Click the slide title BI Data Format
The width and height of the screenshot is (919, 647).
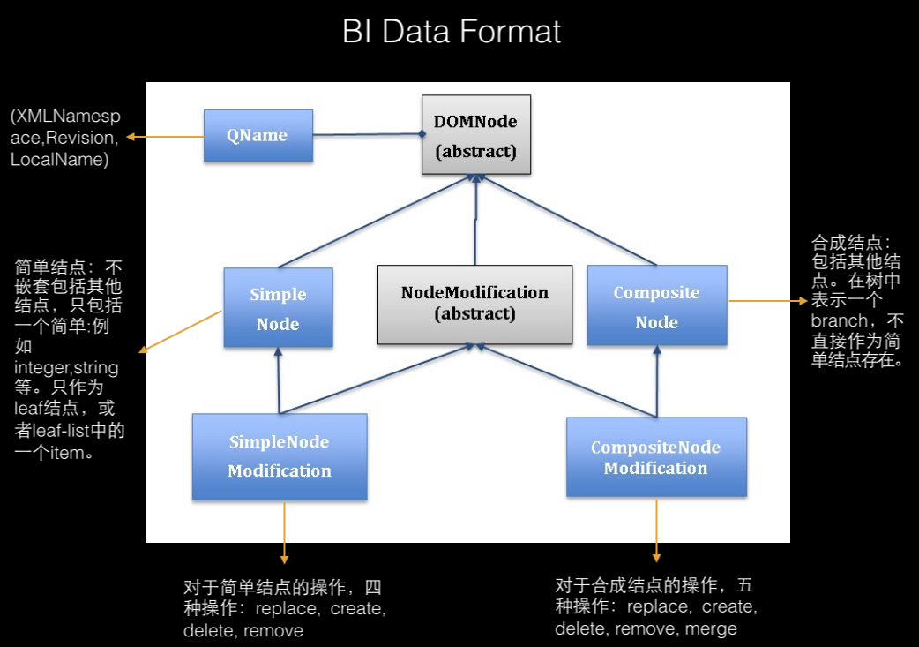[451, 33]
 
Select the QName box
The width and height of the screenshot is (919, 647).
[258, 135]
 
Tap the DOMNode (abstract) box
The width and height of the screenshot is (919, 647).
[475, 135]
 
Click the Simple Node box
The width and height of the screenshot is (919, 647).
[278, 308]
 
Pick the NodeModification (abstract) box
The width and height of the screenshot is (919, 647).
[474, 303]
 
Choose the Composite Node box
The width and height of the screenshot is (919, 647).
[656, 305]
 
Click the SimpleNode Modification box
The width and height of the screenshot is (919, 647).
[280, 456]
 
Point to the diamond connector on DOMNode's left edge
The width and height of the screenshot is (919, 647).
[422, 135]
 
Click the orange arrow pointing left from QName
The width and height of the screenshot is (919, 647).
[164, 136]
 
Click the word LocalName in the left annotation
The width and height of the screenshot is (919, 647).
[59, 160]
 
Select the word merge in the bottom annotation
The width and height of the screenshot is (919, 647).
[713, 628]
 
